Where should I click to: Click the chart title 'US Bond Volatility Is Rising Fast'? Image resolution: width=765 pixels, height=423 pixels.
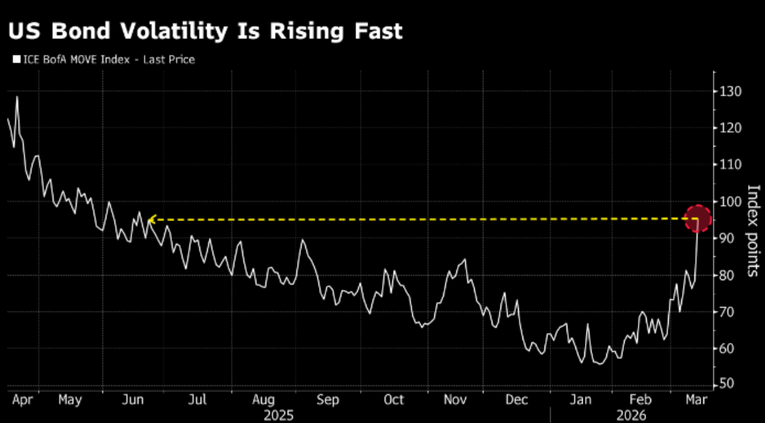coord(206,31)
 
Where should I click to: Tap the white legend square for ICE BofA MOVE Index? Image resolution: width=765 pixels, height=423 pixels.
coord(15,60)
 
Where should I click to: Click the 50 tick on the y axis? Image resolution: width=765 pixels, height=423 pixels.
coord(728,384)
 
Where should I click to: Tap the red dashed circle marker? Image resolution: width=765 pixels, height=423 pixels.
coord(698,218)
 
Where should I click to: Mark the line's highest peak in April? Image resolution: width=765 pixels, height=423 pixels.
coord(17,97)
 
